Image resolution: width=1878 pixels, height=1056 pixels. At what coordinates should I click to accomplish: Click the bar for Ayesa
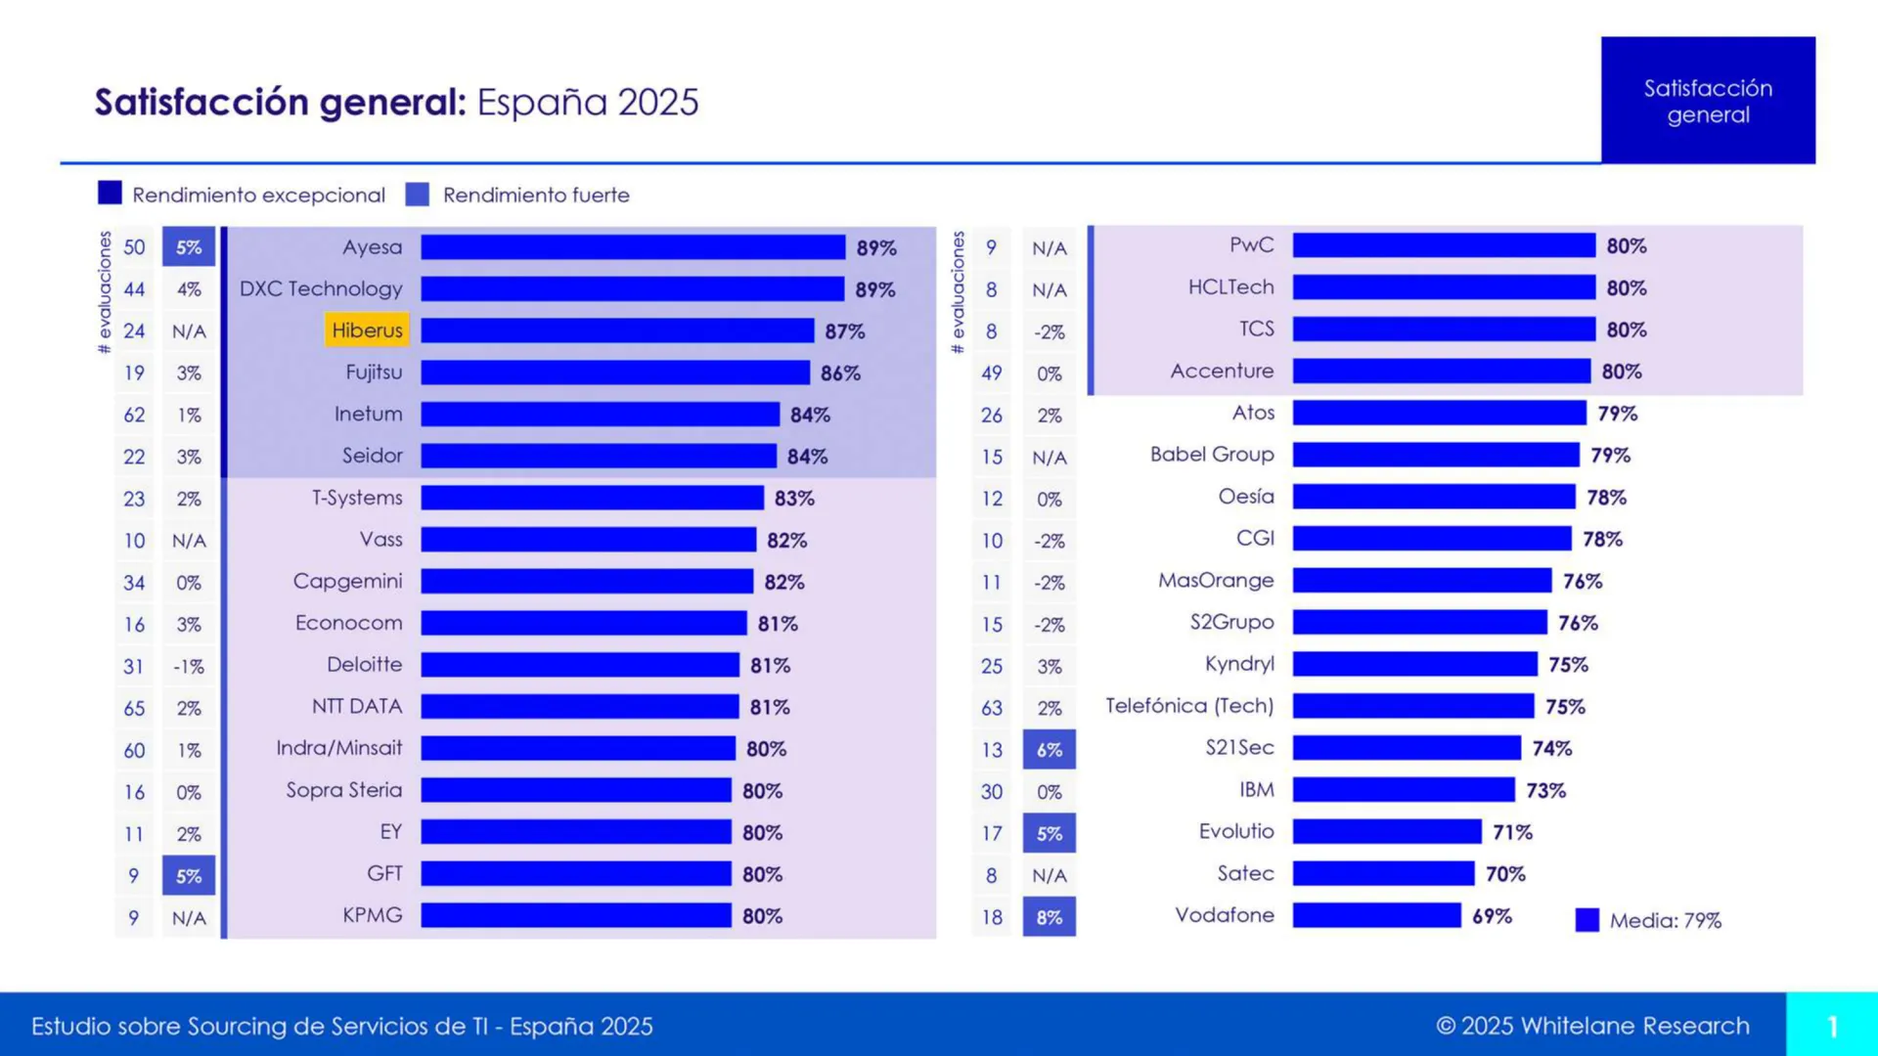pos(633,247)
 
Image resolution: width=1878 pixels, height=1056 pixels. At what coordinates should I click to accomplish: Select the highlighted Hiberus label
pos(367,330)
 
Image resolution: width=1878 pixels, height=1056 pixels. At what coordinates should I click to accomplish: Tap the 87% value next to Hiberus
pos(844,331)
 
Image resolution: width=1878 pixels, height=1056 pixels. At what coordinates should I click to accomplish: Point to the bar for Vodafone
pos(1376,915)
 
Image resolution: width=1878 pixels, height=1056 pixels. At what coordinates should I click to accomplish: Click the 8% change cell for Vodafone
pos(1049,917)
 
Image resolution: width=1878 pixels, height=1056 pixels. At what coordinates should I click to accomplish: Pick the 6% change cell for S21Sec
pos(1049,750)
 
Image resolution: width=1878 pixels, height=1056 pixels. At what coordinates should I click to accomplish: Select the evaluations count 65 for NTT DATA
pos(134,708)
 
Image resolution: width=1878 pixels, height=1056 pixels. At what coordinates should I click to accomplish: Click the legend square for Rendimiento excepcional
pos(110,194)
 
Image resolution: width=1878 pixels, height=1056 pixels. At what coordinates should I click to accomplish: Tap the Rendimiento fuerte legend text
pos(536,196)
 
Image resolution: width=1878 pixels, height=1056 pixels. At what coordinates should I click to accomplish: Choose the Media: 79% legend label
pos(1665,920)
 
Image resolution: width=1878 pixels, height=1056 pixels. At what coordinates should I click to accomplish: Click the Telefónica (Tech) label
pos(1189,706)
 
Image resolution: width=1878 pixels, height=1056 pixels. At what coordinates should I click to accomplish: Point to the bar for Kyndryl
pos(1414,665)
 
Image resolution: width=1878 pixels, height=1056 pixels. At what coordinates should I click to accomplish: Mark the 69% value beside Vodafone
pos(1492,916)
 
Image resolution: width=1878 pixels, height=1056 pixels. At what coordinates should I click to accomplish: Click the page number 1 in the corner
pos(1832,1026)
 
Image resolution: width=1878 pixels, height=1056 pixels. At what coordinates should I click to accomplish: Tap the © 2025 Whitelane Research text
pos(1592,1026)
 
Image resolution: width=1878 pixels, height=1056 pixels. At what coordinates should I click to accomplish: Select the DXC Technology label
pos(321,289)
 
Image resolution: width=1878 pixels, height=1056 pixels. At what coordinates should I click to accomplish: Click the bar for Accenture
pos(1441,372)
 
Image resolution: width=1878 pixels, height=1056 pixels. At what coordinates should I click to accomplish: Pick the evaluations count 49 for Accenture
pos(992,374)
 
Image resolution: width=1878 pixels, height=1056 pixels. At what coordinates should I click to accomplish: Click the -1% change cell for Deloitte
pos(189,667)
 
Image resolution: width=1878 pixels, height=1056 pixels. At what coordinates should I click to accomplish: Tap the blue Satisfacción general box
pos(1708,101)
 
